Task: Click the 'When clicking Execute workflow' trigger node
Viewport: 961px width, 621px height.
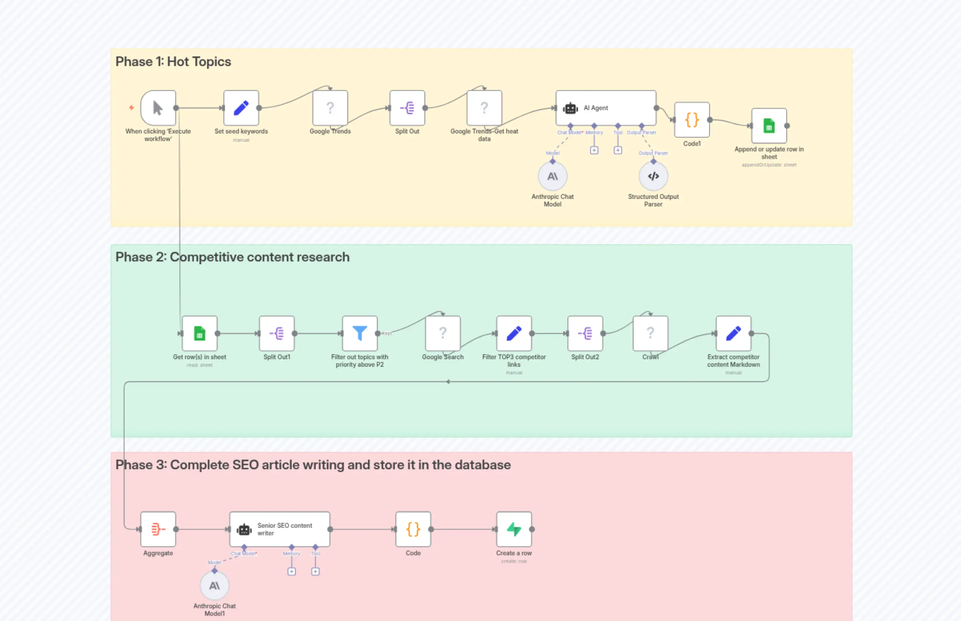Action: click(158, 108)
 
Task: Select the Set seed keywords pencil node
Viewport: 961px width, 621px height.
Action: click(241, 108)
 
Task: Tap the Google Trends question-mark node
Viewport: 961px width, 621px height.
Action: click(330, 108)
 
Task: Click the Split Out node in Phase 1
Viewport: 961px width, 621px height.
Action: click(407, 108)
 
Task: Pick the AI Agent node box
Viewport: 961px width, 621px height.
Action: click(605, 108)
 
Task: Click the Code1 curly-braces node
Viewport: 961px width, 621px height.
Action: click(692, 120)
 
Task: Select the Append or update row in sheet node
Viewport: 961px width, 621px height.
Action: click(769, 126)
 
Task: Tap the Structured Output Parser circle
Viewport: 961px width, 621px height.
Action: click(653, 176)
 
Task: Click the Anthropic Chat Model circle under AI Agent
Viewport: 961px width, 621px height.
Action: click(552, 176)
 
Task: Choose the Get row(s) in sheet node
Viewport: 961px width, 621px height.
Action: click(199, 333)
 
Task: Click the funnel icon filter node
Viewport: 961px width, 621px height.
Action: click(359, 333)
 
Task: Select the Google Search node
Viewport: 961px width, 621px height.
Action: click(443, 333)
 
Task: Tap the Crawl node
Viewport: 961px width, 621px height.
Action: click(650, 333)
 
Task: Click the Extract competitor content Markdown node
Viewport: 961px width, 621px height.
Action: click(733, 333)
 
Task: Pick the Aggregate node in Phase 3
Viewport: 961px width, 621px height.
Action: click(158, 529)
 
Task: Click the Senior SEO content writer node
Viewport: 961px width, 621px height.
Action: click(280, 529)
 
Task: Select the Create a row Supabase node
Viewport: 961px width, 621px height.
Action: click(514, 529)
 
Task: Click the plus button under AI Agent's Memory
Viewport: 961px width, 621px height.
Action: click(594, 150)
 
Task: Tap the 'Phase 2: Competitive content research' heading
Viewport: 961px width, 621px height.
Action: click(232, 257)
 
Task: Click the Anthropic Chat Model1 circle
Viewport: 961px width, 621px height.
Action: click(214, 586)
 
